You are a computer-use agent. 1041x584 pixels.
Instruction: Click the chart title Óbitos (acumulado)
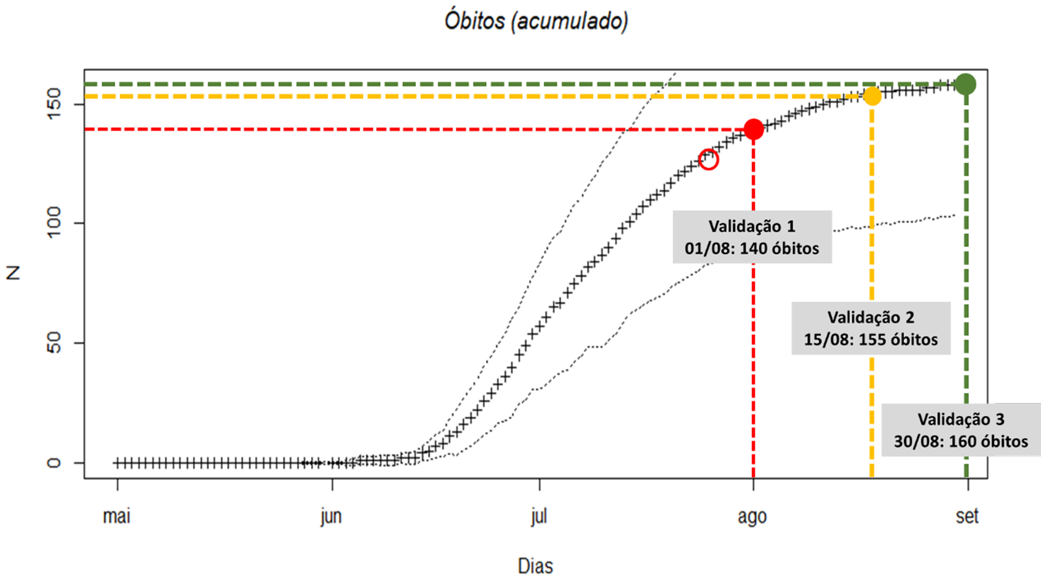(x=536, y=21)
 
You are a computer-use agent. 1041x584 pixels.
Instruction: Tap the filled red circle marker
(x=753, y=129)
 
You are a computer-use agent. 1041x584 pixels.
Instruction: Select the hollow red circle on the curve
(x=708, y=160)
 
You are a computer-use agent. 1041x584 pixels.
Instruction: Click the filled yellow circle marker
(x=872, y=96)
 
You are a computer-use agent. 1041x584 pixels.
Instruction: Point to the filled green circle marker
(x=966, y=84)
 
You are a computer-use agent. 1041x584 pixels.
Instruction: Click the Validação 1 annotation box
(x=752, y=237)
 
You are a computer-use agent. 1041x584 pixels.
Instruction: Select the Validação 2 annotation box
(x=870, y=328)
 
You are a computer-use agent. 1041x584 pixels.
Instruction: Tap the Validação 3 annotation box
(x=961, y=430)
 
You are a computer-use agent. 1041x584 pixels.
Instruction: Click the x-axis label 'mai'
(x=116, y=516)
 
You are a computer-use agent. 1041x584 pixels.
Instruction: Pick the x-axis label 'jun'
(x=331, y=516)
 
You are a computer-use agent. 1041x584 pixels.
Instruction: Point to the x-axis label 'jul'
(x=539, y=516)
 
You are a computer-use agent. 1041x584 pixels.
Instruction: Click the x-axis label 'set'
(x=967, y=516)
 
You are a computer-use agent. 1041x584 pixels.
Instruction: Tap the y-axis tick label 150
(x=54, y=104)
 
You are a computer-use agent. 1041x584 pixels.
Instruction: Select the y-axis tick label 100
(x=54, y=223)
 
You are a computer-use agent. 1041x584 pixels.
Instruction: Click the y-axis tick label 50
(x=54, y=343)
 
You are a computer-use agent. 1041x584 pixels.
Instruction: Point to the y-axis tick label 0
(x=54, y=463)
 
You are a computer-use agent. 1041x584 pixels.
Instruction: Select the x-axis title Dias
(x=535, y=566)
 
